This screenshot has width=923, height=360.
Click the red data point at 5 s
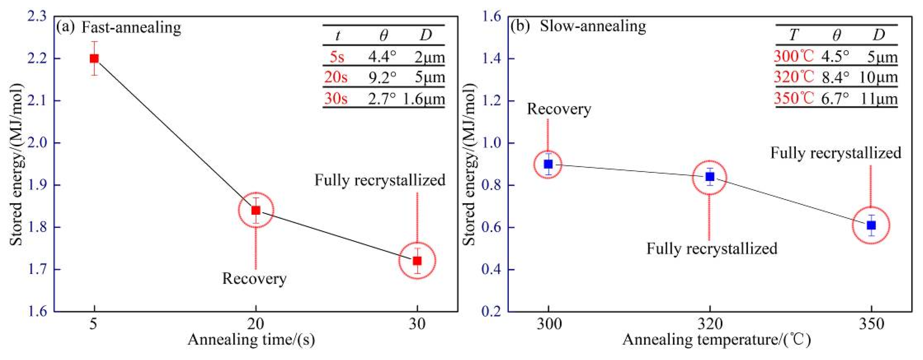(94, 59)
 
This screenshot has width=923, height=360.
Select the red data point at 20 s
(255, 210)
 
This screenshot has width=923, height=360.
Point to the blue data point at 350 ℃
(871, 225)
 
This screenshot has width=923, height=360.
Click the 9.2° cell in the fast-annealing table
(382, 77)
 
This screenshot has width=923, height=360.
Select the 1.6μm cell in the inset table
(424, 99)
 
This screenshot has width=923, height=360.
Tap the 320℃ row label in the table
(793, 77)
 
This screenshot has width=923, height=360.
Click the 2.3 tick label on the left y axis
(37, 17)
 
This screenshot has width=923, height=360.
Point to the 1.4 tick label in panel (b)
(491, 59)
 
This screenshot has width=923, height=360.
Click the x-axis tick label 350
(871, 324)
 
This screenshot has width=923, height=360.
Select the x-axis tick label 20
(255, 324)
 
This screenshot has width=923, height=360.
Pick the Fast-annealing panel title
(131, 27)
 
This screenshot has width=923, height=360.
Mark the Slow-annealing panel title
(593, 26)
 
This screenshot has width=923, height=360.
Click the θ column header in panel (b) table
(836, 35)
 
